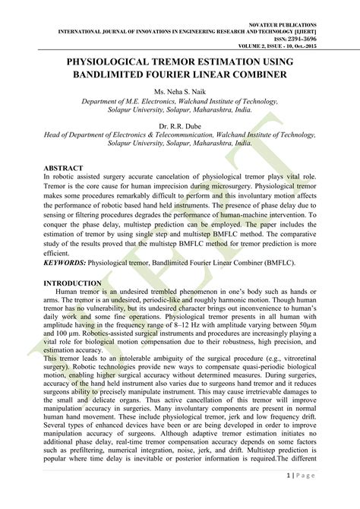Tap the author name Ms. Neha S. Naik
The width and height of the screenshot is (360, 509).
click(180, 92)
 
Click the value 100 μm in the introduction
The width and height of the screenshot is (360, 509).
click(69, 332)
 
